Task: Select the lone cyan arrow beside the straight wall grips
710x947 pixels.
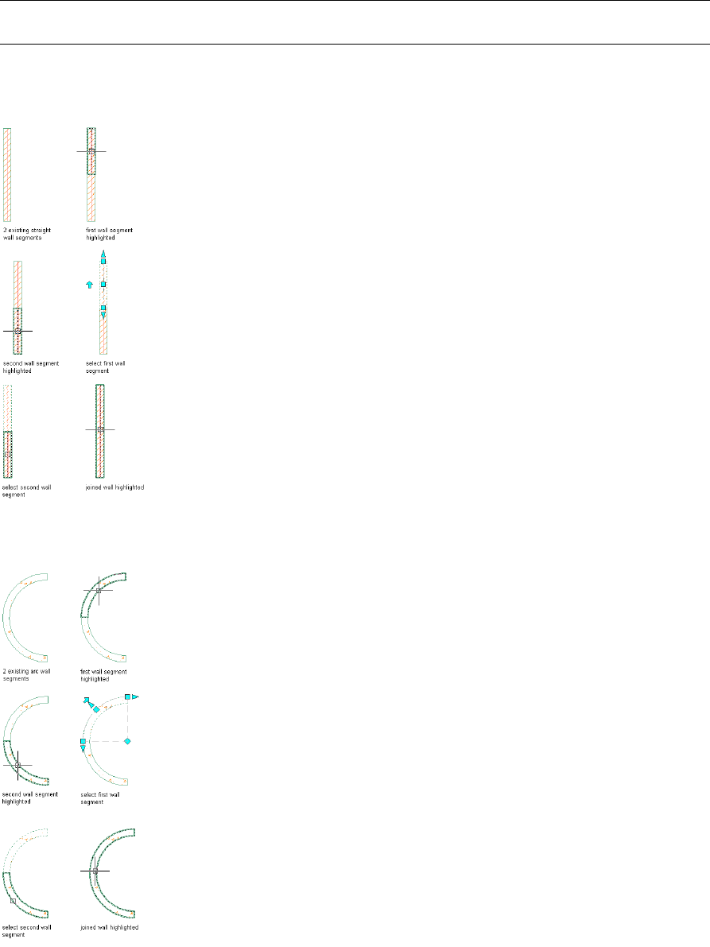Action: [89, 284]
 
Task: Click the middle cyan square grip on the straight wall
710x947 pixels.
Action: [103, 284]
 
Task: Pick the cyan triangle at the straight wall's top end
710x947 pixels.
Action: [103, 254]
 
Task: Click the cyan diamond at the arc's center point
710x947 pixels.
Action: [127, 741]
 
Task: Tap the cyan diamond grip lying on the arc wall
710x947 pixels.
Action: [96, 708]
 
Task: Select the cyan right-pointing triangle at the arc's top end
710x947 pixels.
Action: [135, 697]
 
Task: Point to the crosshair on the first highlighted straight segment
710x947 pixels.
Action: [91, 150]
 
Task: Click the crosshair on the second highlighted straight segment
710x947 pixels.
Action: [17, 330]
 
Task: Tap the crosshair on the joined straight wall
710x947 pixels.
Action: [100, 429]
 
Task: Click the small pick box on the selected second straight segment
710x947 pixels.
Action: [8, 454]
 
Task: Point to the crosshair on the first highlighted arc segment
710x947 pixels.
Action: [98, 590]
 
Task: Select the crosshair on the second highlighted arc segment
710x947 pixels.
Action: [17, 766]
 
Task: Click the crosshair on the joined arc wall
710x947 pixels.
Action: [95, 871]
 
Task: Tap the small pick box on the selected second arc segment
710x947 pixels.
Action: [13, 901]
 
